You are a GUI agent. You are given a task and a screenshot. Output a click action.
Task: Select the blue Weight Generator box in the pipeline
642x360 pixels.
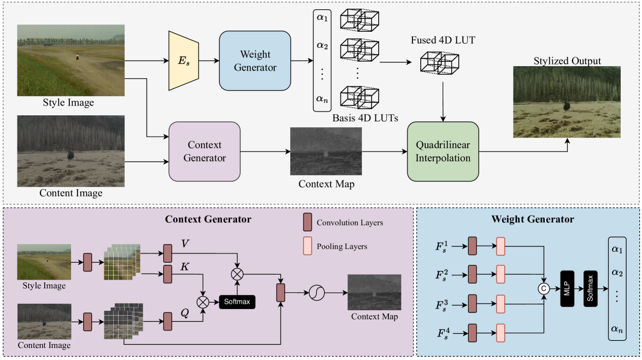coord(255,61)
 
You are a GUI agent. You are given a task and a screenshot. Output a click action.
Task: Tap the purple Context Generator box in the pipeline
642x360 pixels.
coord(204,151)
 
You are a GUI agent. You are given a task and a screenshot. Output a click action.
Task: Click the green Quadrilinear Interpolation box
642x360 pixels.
coord(443,151)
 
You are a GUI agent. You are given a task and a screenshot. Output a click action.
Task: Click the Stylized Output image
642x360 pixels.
coord(567,102)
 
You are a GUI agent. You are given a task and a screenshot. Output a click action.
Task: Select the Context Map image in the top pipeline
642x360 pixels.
coord(326,151)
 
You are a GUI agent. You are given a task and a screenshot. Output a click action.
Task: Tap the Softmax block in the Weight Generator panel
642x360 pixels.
coord(591,287)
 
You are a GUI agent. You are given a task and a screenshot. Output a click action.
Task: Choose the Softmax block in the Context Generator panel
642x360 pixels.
coord(237,301)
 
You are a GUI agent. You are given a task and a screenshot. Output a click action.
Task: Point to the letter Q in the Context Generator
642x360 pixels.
coord(185,313)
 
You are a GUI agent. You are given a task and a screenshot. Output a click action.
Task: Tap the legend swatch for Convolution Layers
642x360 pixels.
coord(307,222)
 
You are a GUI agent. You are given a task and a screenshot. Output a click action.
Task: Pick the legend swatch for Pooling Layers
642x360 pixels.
coord(307,246)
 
